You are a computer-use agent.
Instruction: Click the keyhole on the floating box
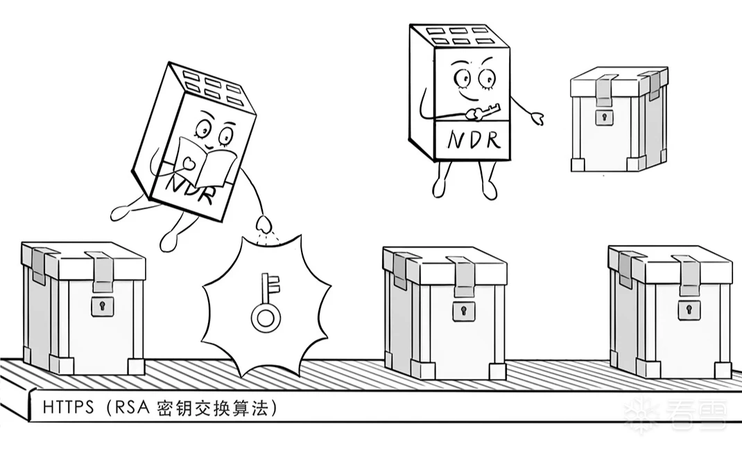point(604,116)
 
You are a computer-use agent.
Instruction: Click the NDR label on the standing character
point(474,139)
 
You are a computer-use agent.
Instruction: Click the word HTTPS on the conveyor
point(68,407)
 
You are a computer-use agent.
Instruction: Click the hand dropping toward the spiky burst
point(264,226)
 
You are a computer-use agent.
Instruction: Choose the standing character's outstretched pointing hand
point(535,118)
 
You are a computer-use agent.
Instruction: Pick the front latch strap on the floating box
point(603,90)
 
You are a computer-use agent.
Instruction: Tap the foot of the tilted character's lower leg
point(170,239)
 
